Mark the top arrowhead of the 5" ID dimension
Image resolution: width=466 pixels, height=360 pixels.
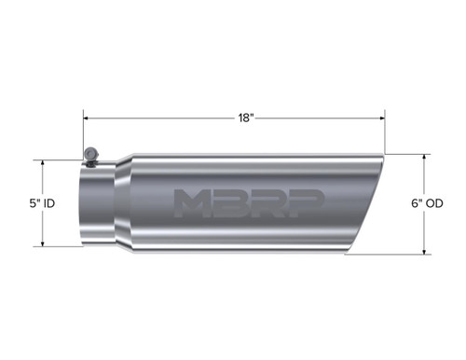pos(44,162)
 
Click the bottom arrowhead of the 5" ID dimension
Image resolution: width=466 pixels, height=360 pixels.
pos(44,243)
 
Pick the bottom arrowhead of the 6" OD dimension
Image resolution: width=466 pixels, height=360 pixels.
pos(426,252)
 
